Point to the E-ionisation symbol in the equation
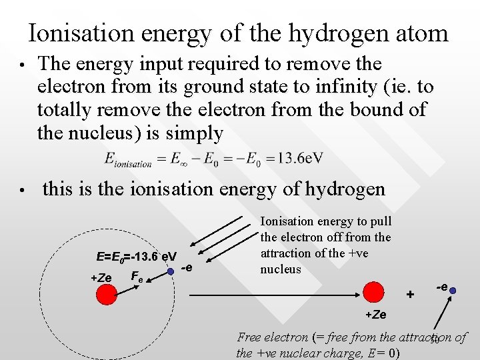129,159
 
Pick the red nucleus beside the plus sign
374,292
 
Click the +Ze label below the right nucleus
375,314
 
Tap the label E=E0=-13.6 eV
136,257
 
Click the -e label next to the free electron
441,286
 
